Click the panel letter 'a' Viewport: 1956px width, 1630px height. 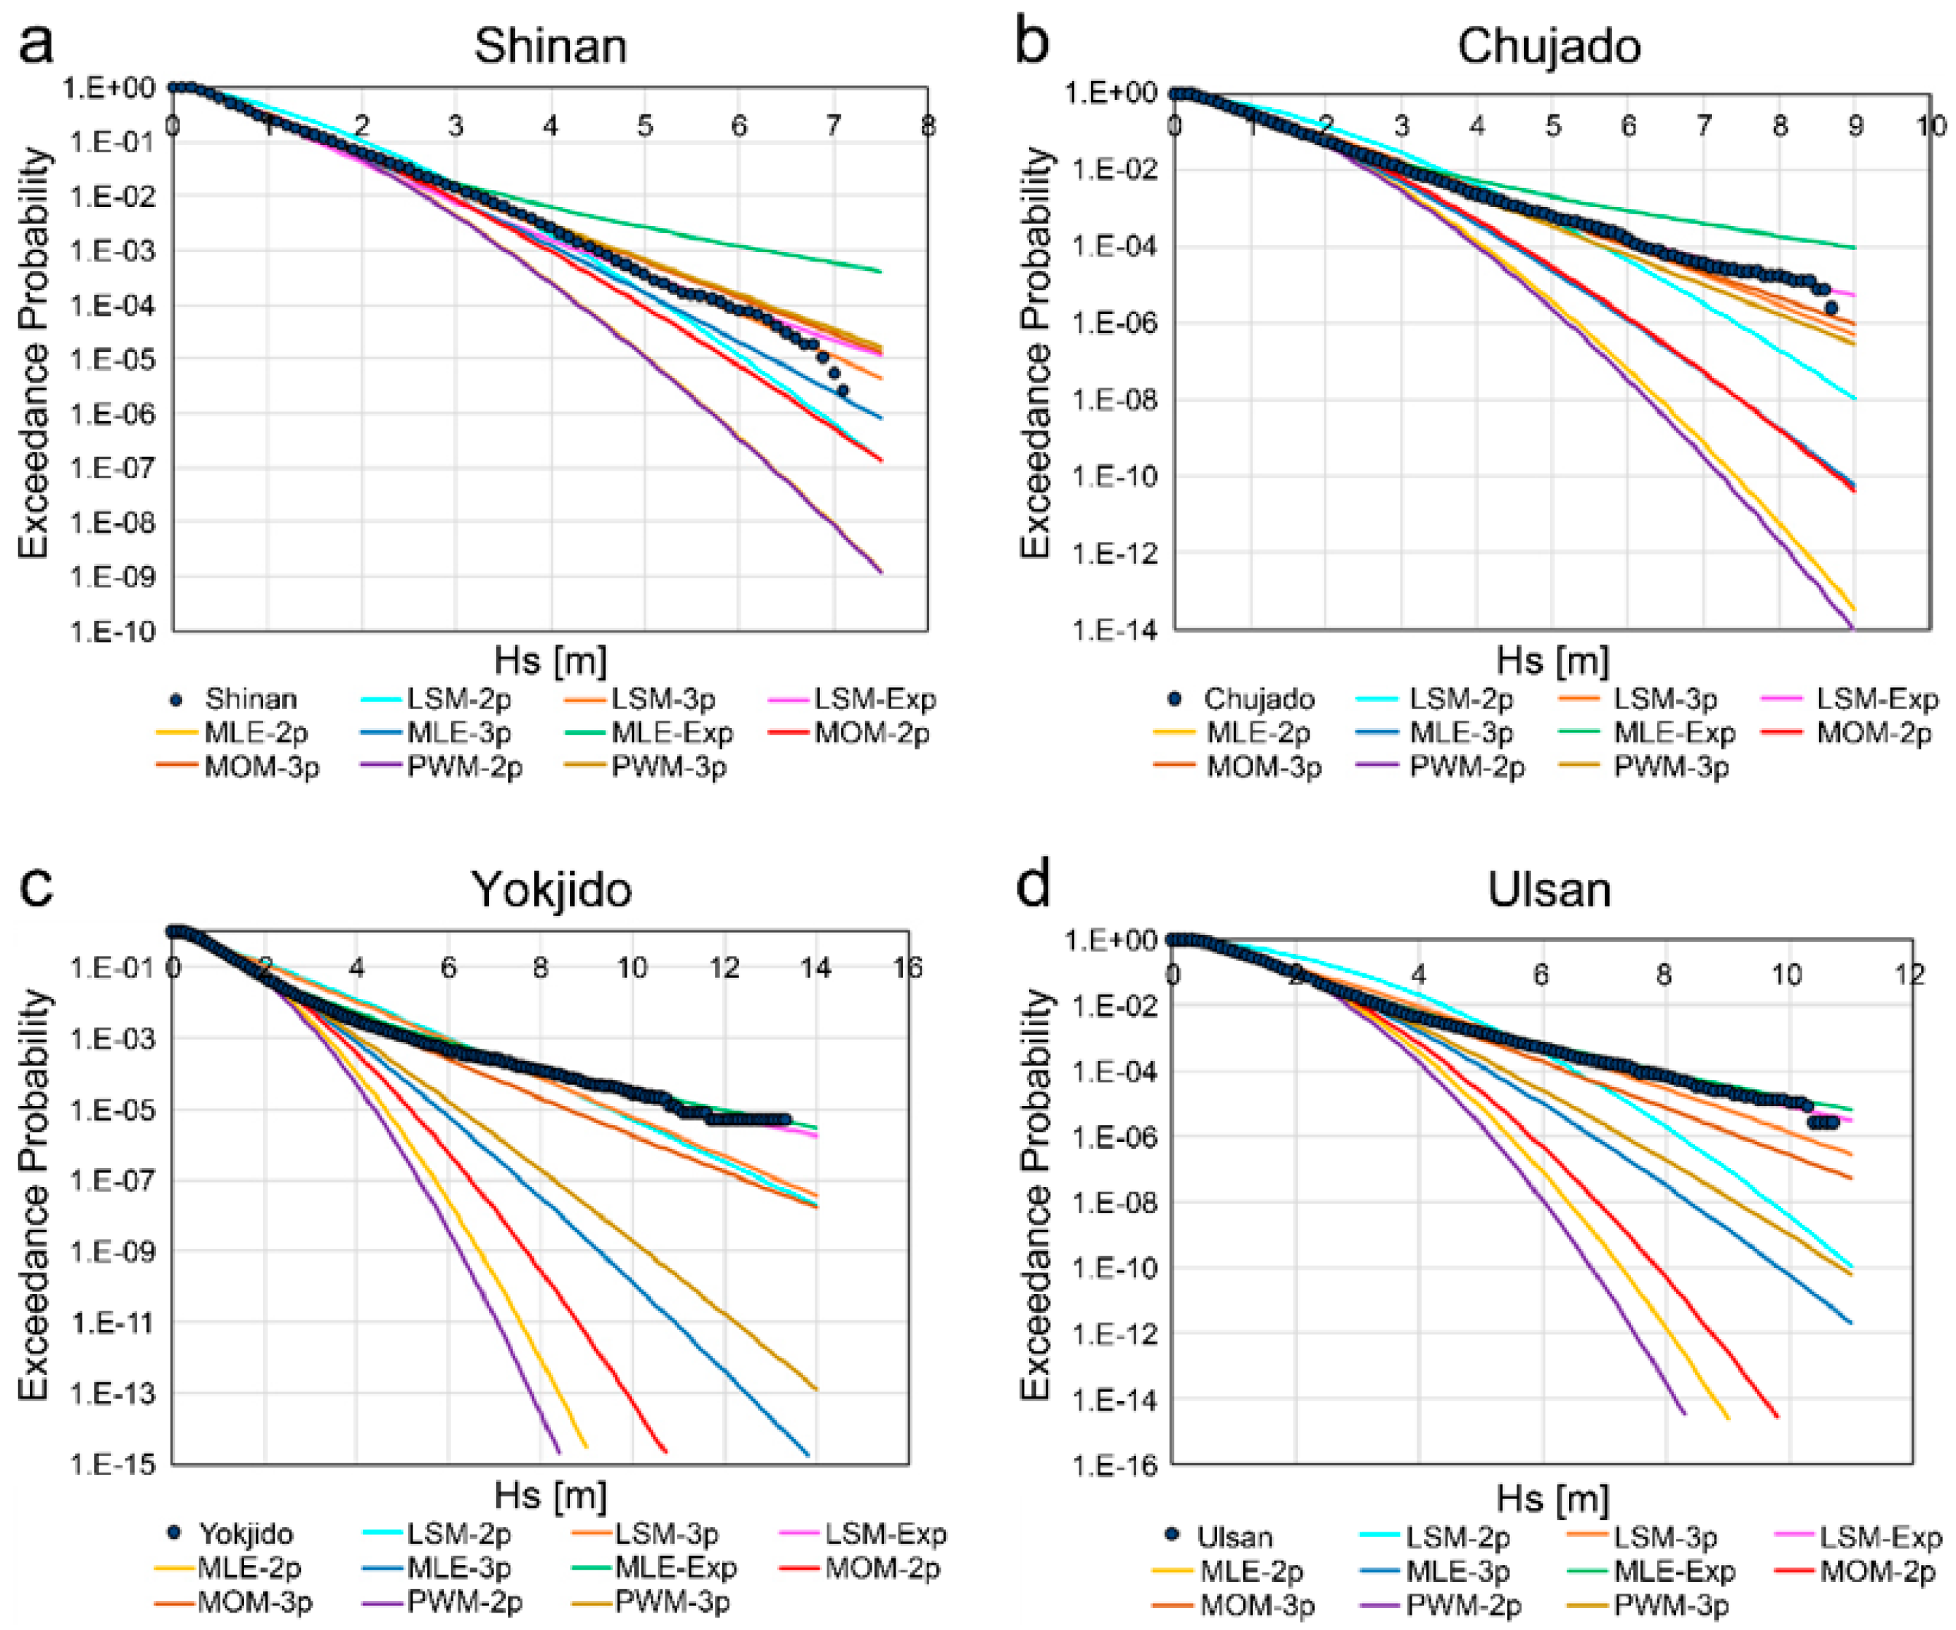(x=36, y=43)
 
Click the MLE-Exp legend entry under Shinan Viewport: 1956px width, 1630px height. (x=670, y=733)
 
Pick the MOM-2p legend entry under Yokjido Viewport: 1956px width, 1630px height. (x=881, y=1567)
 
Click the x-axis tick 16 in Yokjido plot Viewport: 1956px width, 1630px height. (x=907, y=968)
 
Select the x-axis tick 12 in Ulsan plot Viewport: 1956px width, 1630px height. (x=1909, y=974)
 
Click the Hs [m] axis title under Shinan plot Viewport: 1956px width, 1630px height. (x=549, y=660)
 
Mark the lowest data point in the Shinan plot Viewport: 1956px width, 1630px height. (x=842, y=391)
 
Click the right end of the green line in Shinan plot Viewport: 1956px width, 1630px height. (x=880, y=271)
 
